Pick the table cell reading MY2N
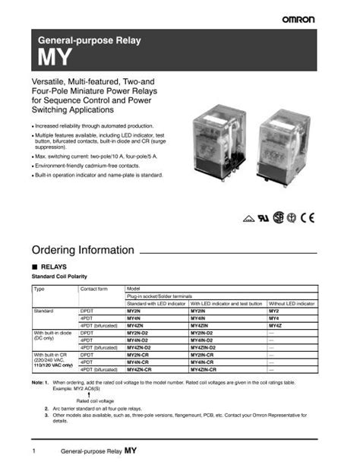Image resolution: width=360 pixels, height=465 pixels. tap(134, 311)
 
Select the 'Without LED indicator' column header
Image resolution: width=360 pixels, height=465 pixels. tap(292, 303)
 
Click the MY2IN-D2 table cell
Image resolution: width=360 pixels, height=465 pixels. tap(201, 332)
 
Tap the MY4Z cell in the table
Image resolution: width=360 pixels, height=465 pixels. tap(276, 325)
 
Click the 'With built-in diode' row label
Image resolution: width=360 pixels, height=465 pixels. tap(54, 332)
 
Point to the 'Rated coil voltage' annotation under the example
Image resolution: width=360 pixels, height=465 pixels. tap(95, 400)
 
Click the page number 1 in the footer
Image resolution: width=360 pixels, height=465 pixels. tap(34, 451)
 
